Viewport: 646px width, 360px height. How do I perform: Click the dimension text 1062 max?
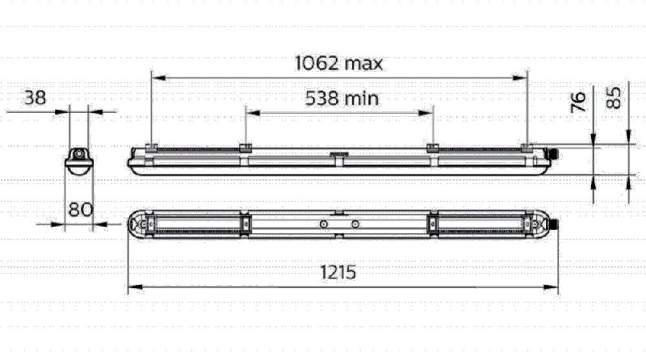[339, 63]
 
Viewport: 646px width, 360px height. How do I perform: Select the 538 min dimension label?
[342, 99]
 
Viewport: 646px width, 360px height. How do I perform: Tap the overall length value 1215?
[338, 272]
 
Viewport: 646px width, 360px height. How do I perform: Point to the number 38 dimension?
[35, 98]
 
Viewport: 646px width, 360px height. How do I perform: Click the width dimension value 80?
[80, 210]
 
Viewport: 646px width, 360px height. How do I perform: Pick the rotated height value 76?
[579, 102]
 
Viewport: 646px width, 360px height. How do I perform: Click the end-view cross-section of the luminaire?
[79, 159]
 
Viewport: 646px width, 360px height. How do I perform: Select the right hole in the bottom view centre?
[355, 224]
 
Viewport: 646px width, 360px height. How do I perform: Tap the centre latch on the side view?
[338, 156]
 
